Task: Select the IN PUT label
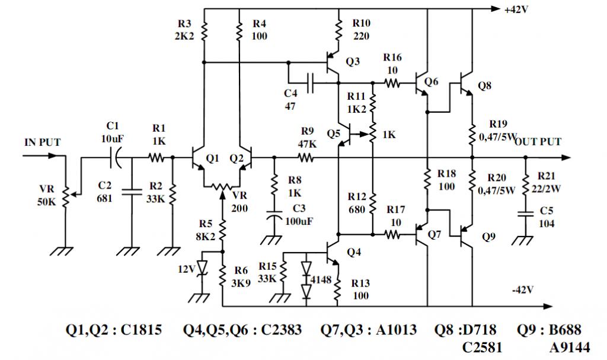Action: (x=43, y=142)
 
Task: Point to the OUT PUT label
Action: (x=538, y=142)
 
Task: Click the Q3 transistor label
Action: (x=353, y=61)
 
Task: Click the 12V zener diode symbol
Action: (x=203, y=268)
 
